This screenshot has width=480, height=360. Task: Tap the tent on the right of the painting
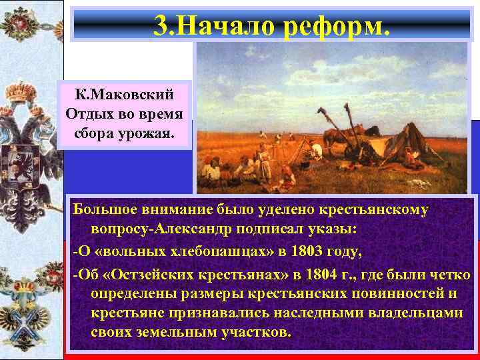pos(430,150)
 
